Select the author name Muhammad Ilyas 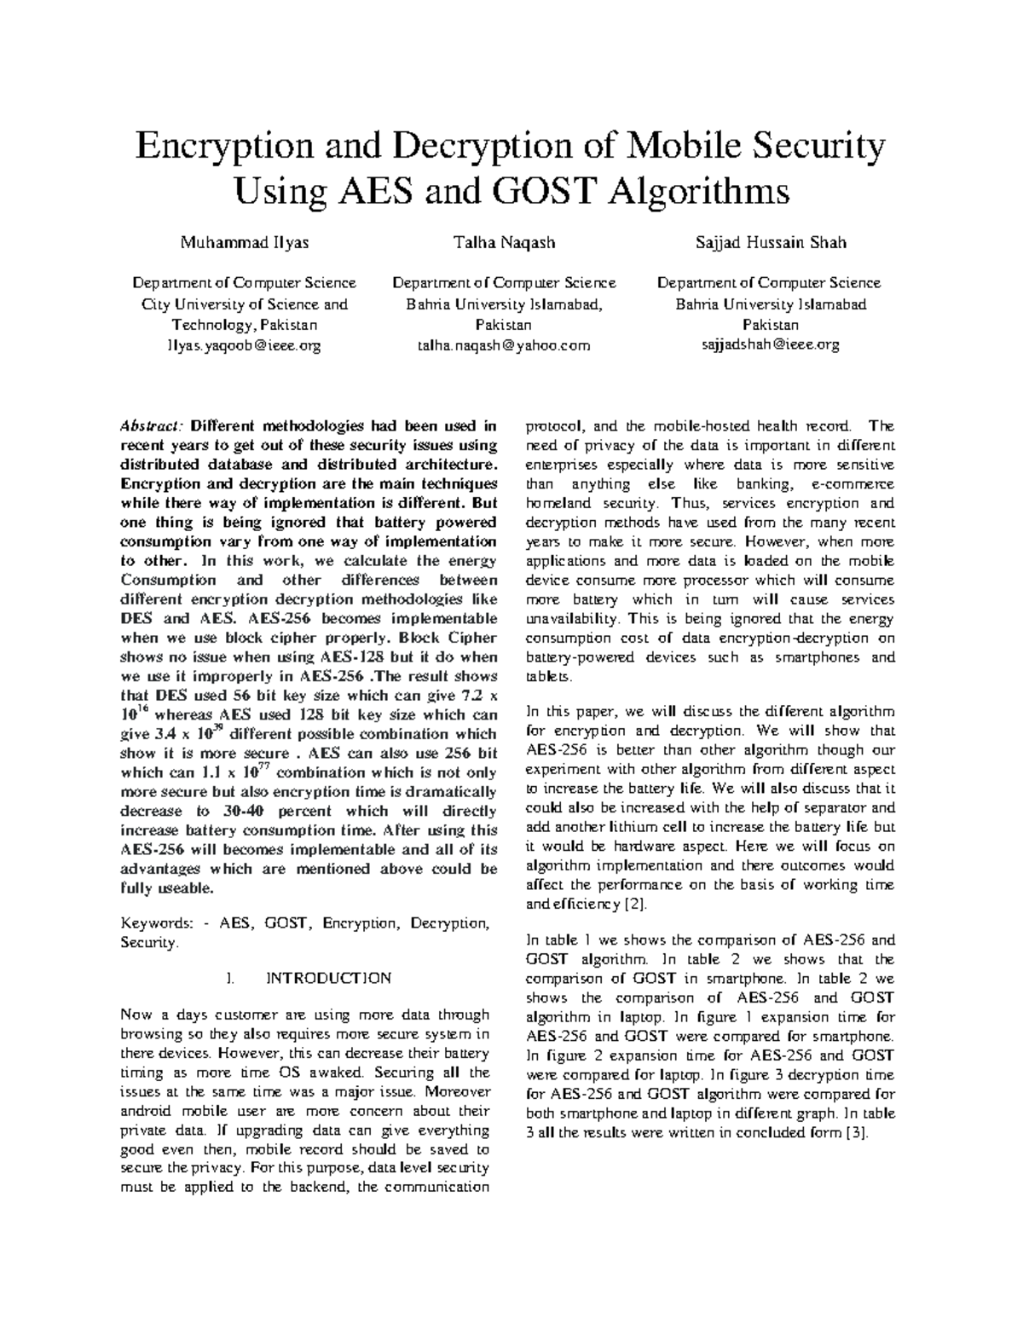pos(244,243)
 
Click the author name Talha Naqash pos(506,243)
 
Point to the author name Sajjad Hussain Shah pos(771,243)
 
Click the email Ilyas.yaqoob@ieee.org pos(244,345)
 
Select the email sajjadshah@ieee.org pos(771,344)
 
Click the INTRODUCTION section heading pos(329,978)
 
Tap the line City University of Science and pos(244,304)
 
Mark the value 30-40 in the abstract pos(236,811)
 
